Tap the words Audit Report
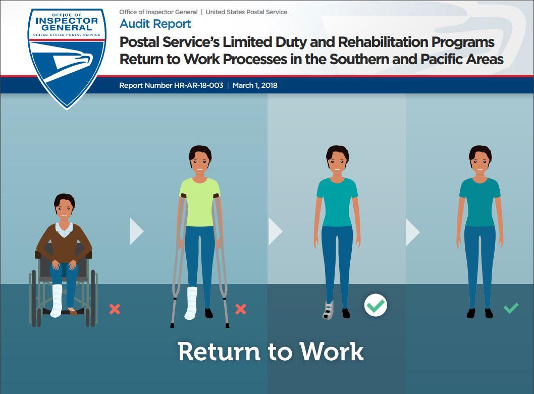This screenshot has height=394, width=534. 155,24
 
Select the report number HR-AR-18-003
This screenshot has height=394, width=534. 171,85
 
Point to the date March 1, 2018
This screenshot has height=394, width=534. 255,85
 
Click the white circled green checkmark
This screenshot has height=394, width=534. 376,306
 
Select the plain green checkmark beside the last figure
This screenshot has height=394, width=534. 511,307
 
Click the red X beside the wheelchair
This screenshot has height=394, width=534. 115,309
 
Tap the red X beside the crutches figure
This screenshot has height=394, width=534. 241,309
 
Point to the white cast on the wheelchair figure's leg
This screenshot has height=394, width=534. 56,301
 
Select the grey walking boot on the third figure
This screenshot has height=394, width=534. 329,310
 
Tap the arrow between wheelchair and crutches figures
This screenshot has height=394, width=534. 136,231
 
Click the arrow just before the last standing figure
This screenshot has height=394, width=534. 412,231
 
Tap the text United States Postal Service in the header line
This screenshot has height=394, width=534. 246,12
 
